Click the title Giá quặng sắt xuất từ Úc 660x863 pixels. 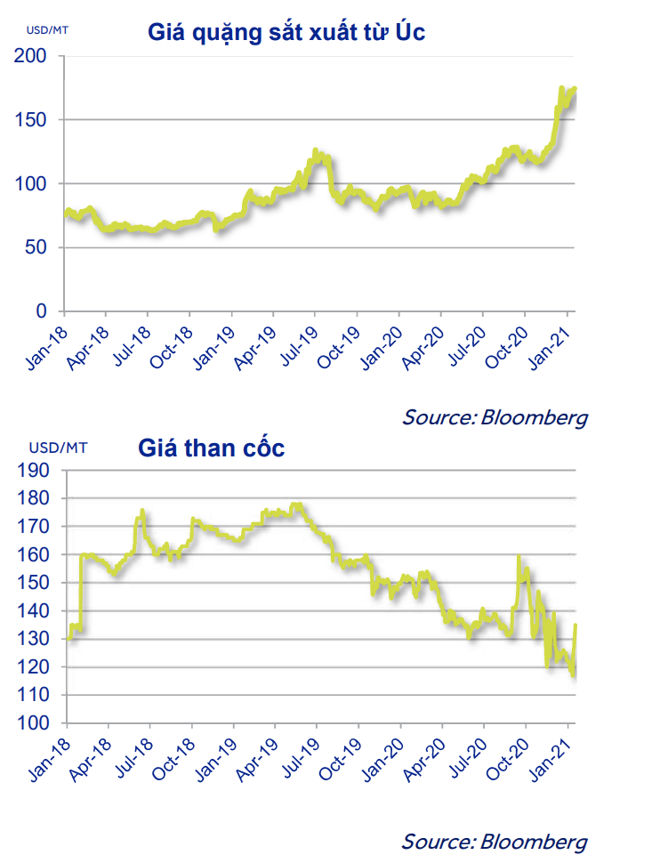(286, 33)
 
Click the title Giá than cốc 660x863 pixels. (212, 448)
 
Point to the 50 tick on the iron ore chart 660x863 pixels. (36, 247)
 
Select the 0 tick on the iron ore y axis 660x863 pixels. (41, 311)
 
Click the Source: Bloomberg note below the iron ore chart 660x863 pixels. (495, 416)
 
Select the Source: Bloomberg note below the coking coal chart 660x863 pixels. (495, 841)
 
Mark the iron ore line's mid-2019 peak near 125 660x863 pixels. (316, 151)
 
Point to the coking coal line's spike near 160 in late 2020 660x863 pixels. (519, 558)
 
